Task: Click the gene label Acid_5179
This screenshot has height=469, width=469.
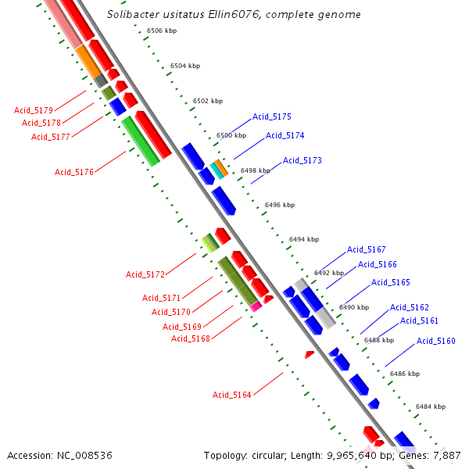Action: click(34, 110)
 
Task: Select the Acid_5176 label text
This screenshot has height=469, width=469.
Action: click(74, 172)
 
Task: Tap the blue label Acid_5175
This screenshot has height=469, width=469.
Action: click(271, 116)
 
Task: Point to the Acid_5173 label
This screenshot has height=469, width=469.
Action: click(302, 160)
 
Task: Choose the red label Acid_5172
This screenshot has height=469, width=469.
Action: click(145, 274)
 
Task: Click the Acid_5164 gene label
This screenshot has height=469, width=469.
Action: click(232, 395)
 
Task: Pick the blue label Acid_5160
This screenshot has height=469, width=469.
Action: click(435, 341)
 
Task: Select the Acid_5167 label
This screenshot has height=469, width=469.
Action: click(367, 249)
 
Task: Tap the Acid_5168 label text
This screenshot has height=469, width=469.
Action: click(191, 338)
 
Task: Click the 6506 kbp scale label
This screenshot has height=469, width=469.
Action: click(162, 30)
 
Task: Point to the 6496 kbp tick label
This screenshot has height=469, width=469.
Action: click(280, 205)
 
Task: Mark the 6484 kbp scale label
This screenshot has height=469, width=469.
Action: click(430, 406)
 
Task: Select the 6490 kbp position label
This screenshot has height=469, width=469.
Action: click(353, 307)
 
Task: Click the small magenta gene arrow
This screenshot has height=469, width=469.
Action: click(255, 307)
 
